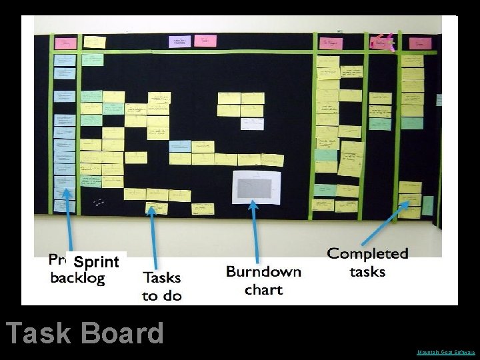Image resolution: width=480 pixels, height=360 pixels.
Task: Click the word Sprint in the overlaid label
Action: pos(96,261)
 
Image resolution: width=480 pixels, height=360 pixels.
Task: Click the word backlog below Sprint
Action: pos(77,278)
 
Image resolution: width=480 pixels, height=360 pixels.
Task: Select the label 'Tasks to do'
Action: pos(162,285)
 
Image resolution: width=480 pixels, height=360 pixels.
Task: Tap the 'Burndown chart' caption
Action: pos(263,280)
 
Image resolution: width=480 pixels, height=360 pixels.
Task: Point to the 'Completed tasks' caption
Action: pos(367,263)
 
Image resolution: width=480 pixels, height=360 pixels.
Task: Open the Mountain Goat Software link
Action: pos(446,352)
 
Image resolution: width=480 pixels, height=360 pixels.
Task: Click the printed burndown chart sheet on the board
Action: pos(256,187)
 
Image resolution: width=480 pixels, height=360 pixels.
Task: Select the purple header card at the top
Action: pos(179,41)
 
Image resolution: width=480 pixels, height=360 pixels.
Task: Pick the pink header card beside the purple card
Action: pos(205,41)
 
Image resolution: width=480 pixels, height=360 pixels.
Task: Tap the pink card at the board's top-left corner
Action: pos(65,43)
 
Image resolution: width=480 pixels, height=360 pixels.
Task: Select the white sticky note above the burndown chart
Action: pos(252,123)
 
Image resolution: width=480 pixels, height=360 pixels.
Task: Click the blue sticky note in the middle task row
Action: pos(180,145)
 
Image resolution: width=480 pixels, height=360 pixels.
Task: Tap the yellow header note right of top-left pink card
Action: pos(95,42)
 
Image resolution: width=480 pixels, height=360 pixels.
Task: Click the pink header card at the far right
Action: pos(420,43)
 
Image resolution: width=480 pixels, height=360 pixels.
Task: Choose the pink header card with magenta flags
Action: pos(382,43)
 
